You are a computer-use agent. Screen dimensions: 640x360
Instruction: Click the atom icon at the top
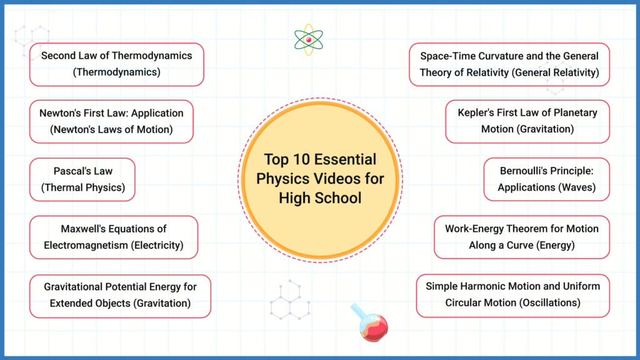[309, 39]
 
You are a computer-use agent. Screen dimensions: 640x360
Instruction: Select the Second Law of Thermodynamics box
[117, 64]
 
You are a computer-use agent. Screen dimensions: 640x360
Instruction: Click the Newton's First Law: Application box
[111, 122]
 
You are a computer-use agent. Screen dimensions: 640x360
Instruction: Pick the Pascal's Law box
[82, 179]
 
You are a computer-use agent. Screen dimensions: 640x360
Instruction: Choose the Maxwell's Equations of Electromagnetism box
[114, 237]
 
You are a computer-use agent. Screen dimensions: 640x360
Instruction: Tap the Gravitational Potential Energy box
[121, 296]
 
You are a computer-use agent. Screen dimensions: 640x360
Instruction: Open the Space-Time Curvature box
[509, 64]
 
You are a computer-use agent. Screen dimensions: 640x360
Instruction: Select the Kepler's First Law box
[527, 122]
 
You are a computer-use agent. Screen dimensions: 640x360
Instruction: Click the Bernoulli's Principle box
[546, 179]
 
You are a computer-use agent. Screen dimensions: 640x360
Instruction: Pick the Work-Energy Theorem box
[522, 237]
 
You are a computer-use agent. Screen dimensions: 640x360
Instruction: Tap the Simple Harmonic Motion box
[513, 296]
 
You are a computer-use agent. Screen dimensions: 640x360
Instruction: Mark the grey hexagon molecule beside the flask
[290, 300]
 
